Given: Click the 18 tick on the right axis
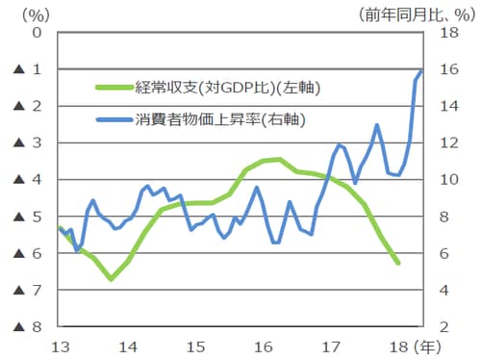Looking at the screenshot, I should [x=440, y=32].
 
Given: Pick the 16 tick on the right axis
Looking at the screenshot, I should [x=440, y=69].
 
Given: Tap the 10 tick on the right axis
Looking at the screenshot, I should [x=440, y=180].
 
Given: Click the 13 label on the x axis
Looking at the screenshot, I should [x=59, y=346].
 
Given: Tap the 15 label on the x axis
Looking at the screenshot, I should [x=195, y=346].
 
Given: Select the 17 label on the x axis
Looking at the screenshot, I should [x=332, y=346].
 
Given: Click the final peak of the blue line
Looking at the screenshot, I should [x=421, y=70].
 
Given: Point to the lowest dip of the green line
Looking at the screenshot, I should [x=112, y=279].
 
